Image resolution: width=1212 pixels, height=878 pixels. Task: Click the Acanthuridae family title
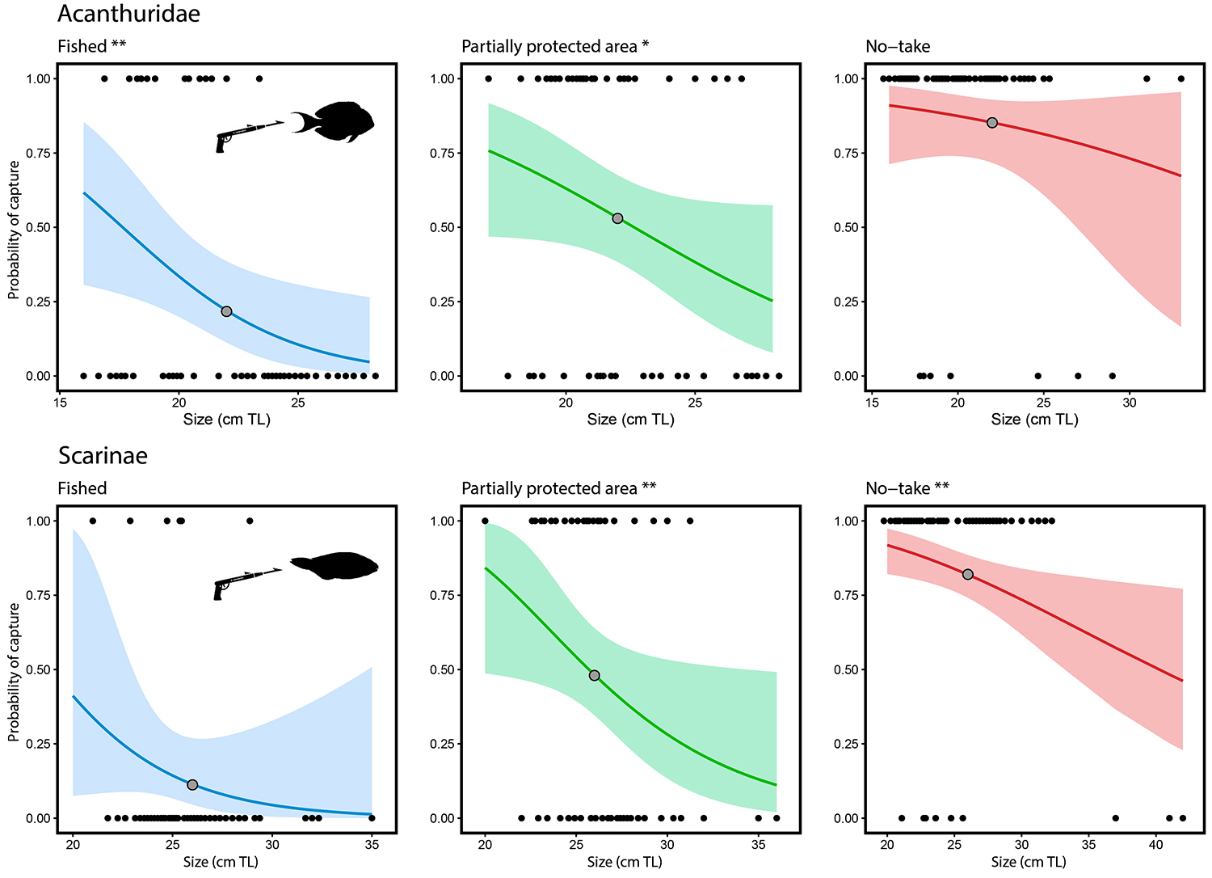[x=128, y=14]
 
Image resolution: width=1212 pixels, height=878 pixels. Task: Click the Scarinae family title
[x=103, y=456]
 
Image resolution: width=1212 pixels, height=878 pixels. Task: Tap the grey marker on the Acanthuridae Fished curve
[x=226, y=311]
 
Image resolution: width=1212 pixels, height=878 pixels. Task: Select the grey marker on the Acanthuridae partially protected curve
[x=617, y=218]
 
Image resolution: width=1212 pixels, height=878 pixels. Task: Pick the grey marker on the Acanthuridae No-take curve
[x=992, y=123]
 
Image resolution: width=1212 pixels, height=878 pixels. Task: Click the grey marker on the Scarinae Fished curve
[x=192, y=785]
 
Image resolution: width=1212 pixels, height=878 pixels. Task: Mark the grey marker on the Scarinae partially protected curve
[x=595, y=675]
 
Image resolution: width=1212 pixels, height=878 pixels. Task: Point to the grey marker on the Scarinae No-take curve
[x=968, y=575]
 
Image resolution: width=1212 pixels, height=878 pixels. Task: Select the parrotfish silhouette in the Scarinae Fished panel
[x=335, y=565]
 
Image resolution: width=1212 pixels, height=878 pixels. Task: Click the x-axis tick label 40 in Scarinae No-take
[x=1156, y=845]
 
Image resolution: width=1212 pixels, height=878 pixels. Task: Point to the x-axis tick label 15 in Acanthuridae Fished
[x=61, y=403]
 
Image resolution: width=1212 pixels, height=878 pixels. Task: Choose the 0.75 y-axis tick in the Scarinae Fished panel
[x=38, y=595]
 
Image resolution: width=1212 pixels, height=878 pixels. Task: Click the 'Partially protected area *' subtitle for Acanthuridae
[x=555, y=47]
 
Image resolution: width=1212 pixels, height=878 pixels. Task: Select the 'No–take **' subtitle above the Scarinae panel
[x=907, y=488]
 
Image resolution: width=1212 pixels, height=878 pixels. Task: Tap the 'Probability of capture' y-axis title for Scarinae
[x=14, y=671]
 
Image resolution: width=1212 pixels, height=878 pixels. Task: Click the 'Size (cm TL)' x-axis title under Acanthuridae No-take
[x=1034, y=420]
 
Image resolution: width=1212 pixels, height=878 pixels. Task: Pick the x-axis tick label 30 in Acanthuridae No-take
[x=1130, y=403]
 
